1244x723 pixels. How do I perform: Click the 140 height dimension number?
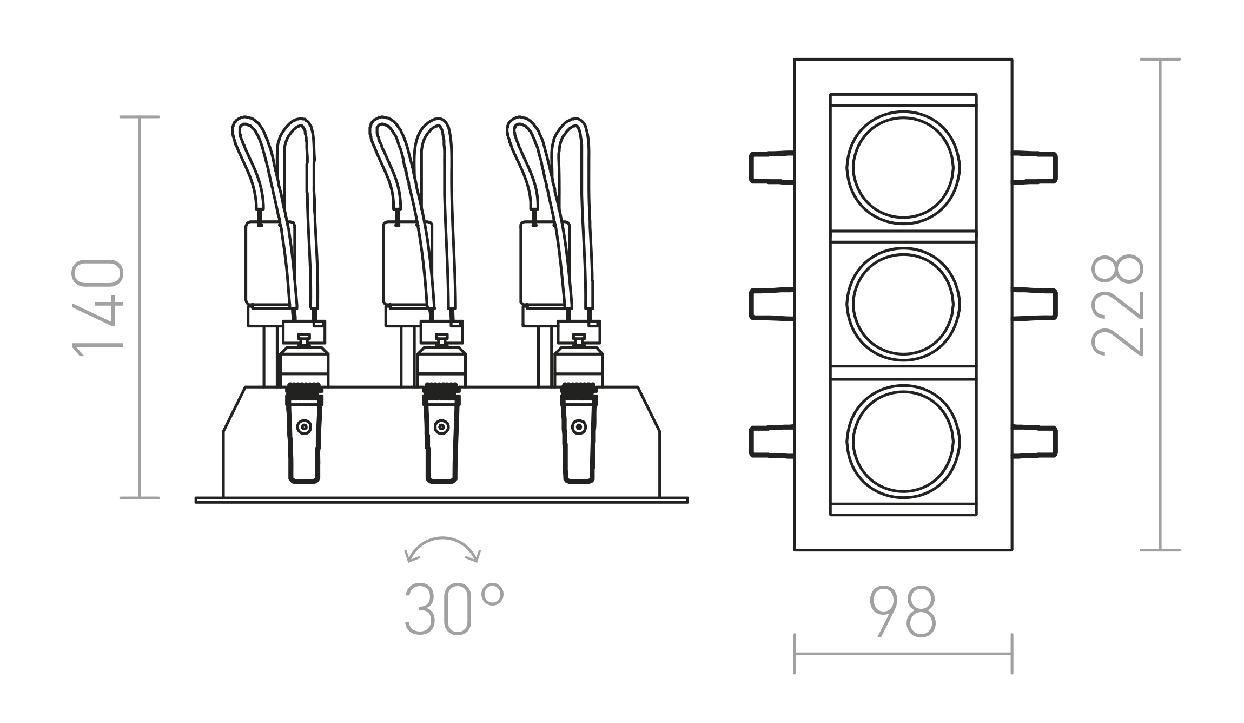tap(97, 307)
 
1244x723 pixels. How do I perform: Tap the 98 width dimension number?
tap(902, 612)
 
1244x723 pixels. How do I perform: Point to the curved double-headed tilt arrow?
tap(442, 548)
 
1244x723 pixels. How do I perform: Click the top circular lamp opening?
tap(903, 167)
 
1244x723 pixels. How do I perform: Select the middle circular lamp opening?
tap(903, 304)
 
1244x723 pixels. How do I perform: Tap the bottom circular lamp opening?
tap(903, 441)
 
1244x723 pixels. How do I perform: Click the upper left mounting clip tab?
tap(771, 167)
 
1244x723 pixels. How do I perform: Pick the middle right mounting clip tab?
tap(1035, 304)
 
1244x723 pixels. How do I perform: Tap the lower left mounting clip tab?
tap(771, 442)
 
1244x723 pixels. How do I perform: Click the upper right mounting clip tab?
tap(1035, 167)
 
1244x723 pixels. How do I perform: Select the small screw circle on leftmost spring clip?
tap(304, 427)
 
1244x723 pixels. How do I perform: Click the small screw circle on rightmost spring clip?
tap(579, 427)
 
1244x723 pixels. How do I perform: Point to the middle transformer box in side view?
tap(403, 264)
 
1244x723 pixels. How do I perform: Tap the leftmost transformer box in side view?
tap(265, 264)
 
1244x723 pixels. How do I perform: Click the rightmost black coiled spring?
tap(579, 388)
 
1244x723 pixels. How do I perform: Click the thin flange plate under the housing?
tap(441, 500)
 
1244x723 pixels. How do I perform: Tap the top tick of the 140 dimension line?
tap(140, 117)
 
